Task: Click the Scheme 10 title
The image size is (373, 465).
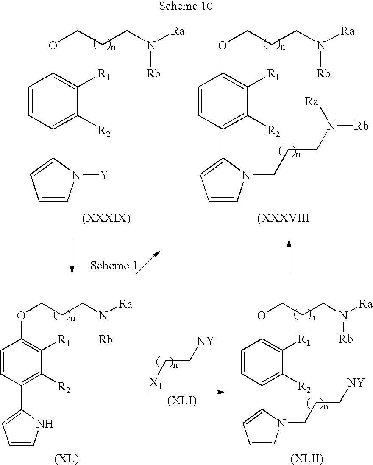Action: tap(186, 6)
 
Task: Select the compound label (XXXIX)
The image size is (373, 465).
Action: tap(106, 218)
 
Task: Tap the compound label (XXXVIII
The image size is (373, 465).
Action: tap(284, 218)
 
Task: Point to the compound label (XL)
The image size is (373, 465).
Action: tap(67, 459)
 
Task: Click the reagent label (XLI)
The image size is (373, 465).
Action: tap(182, 401)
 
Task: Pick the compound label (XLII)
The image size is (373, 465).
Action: tap(306, 459)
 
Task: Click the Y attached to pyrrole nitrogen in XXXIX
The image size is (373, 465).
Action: tap(105, 176)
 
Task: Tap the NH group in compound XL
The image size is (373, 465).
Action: tap(45, 424)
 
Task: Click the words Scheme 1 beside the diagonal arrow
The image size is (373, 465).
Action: tap(114, 265)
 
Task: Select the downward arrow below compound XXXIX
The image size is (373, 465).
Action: tap(72, 255)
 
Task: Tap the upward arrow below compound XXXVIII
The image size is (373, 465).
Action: tap(289, 257)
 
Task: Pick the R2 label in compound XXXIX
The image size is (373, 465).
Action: tap(104, 132)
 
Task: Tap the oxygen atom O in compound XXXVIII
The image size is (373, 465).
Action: tap(222, 45)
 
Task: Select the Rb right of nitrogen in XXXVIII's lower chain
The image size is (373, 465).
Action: tap(362, 126)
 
